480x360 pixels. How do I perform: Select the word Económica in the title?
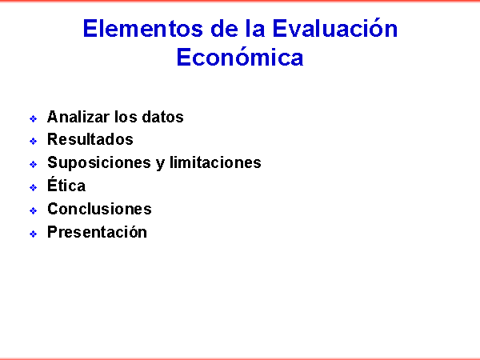[x=240, y=56]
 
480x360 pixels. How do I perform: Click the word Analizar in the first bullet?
[x=78, y=117]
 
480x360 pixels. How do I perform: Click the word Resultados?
[x=90, y=139]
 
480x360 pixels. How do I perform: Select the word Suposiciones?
[x=99, y=163]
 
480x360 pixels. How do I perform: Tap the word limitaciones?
[x=215, y=162]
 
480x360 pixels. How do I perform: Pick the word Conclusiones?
[x=99, y=209]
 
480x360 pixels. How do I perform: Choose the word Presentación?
[x=97, y=232]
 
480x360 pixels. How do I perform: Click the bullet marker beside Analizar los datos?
[x=33, y=118]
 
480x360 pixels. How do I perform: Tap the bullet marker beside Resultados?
[x=33, y=141]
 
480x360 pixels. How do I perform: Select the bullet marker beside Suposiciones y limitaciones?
[x=33, y=164]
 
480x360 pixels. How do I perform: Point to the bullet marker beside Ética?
[x=33, y=187]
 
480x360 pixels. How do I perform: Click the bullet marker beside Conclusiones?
[x=33, y=210]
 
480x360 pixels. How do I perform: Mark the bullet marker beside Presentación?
[x=33, y=234]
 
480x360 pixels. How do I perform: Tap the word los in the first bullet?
[x=126, y=117]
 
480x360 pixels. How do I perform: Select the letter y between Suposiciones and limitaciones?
[x=161, y=164]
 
